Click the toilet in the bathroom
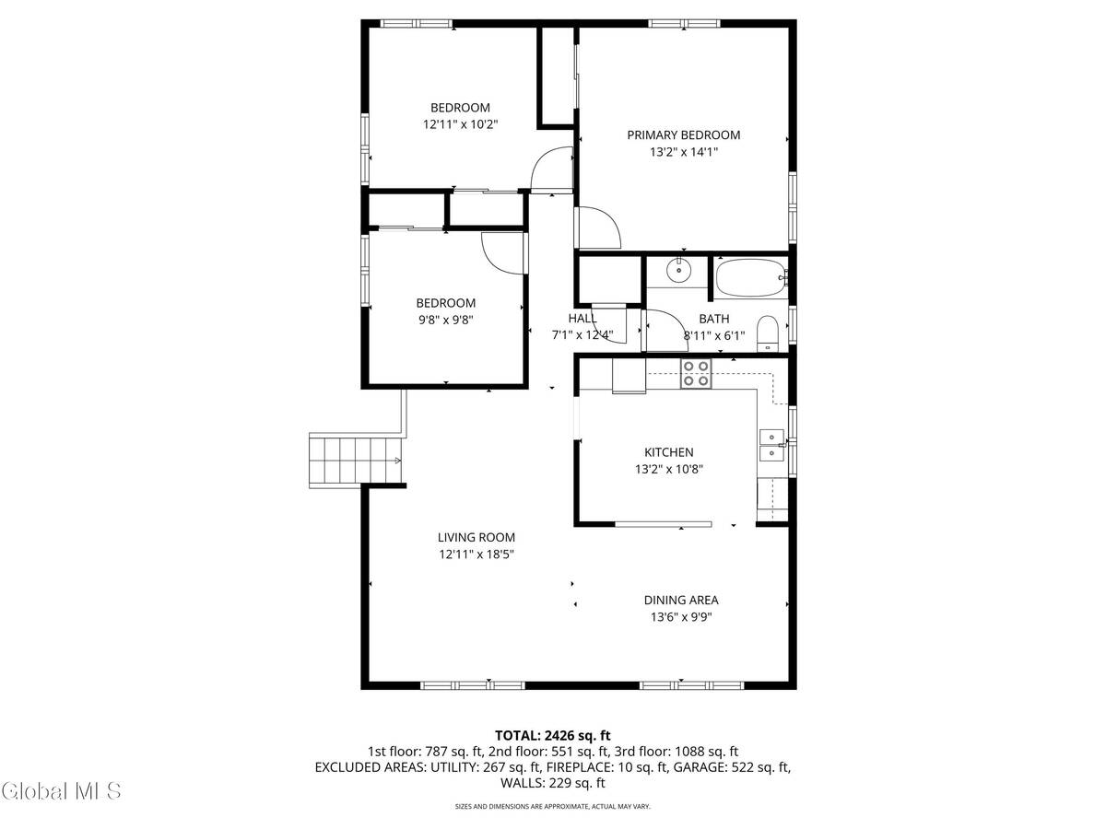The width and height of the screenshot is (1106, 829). tap(767, 333)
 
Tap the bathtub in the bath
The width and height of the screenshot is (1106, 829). tap(749, 277)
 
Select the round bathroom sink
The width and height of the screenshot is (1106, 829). tap(678, 270)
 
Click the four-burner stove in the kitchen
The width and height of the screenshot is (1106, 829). tap(696, 373)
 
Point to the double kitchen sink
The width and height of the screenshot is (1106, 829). tap(771, 445)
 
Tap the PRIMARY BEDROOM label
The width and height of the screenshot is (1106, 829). tap(683, 134)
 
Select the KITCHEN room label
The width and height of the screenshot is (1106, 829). tap(668, 452)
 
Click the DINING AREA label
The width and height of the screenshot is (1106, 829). tap(681, 600)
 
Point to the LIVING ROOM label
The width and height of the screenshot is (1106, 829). tap(476, 538)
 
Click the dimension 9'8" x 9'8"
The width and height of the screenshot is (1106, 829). tap(445, 320)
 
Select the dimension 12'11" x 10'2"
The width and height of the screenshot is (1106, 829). tap(460, 123)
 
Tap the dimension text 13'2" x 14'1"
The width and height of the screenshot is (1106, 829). tap(683, 152)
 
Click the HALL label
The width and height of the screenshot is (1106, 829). tap(582, 318)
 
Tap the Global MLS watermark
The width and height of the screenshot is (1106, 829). tap(61, 790)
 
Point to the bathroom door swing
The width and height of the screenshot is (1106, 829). tap(660, 331)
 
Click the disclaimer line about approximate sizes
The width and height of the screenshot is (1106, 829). tap(552, 806)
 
